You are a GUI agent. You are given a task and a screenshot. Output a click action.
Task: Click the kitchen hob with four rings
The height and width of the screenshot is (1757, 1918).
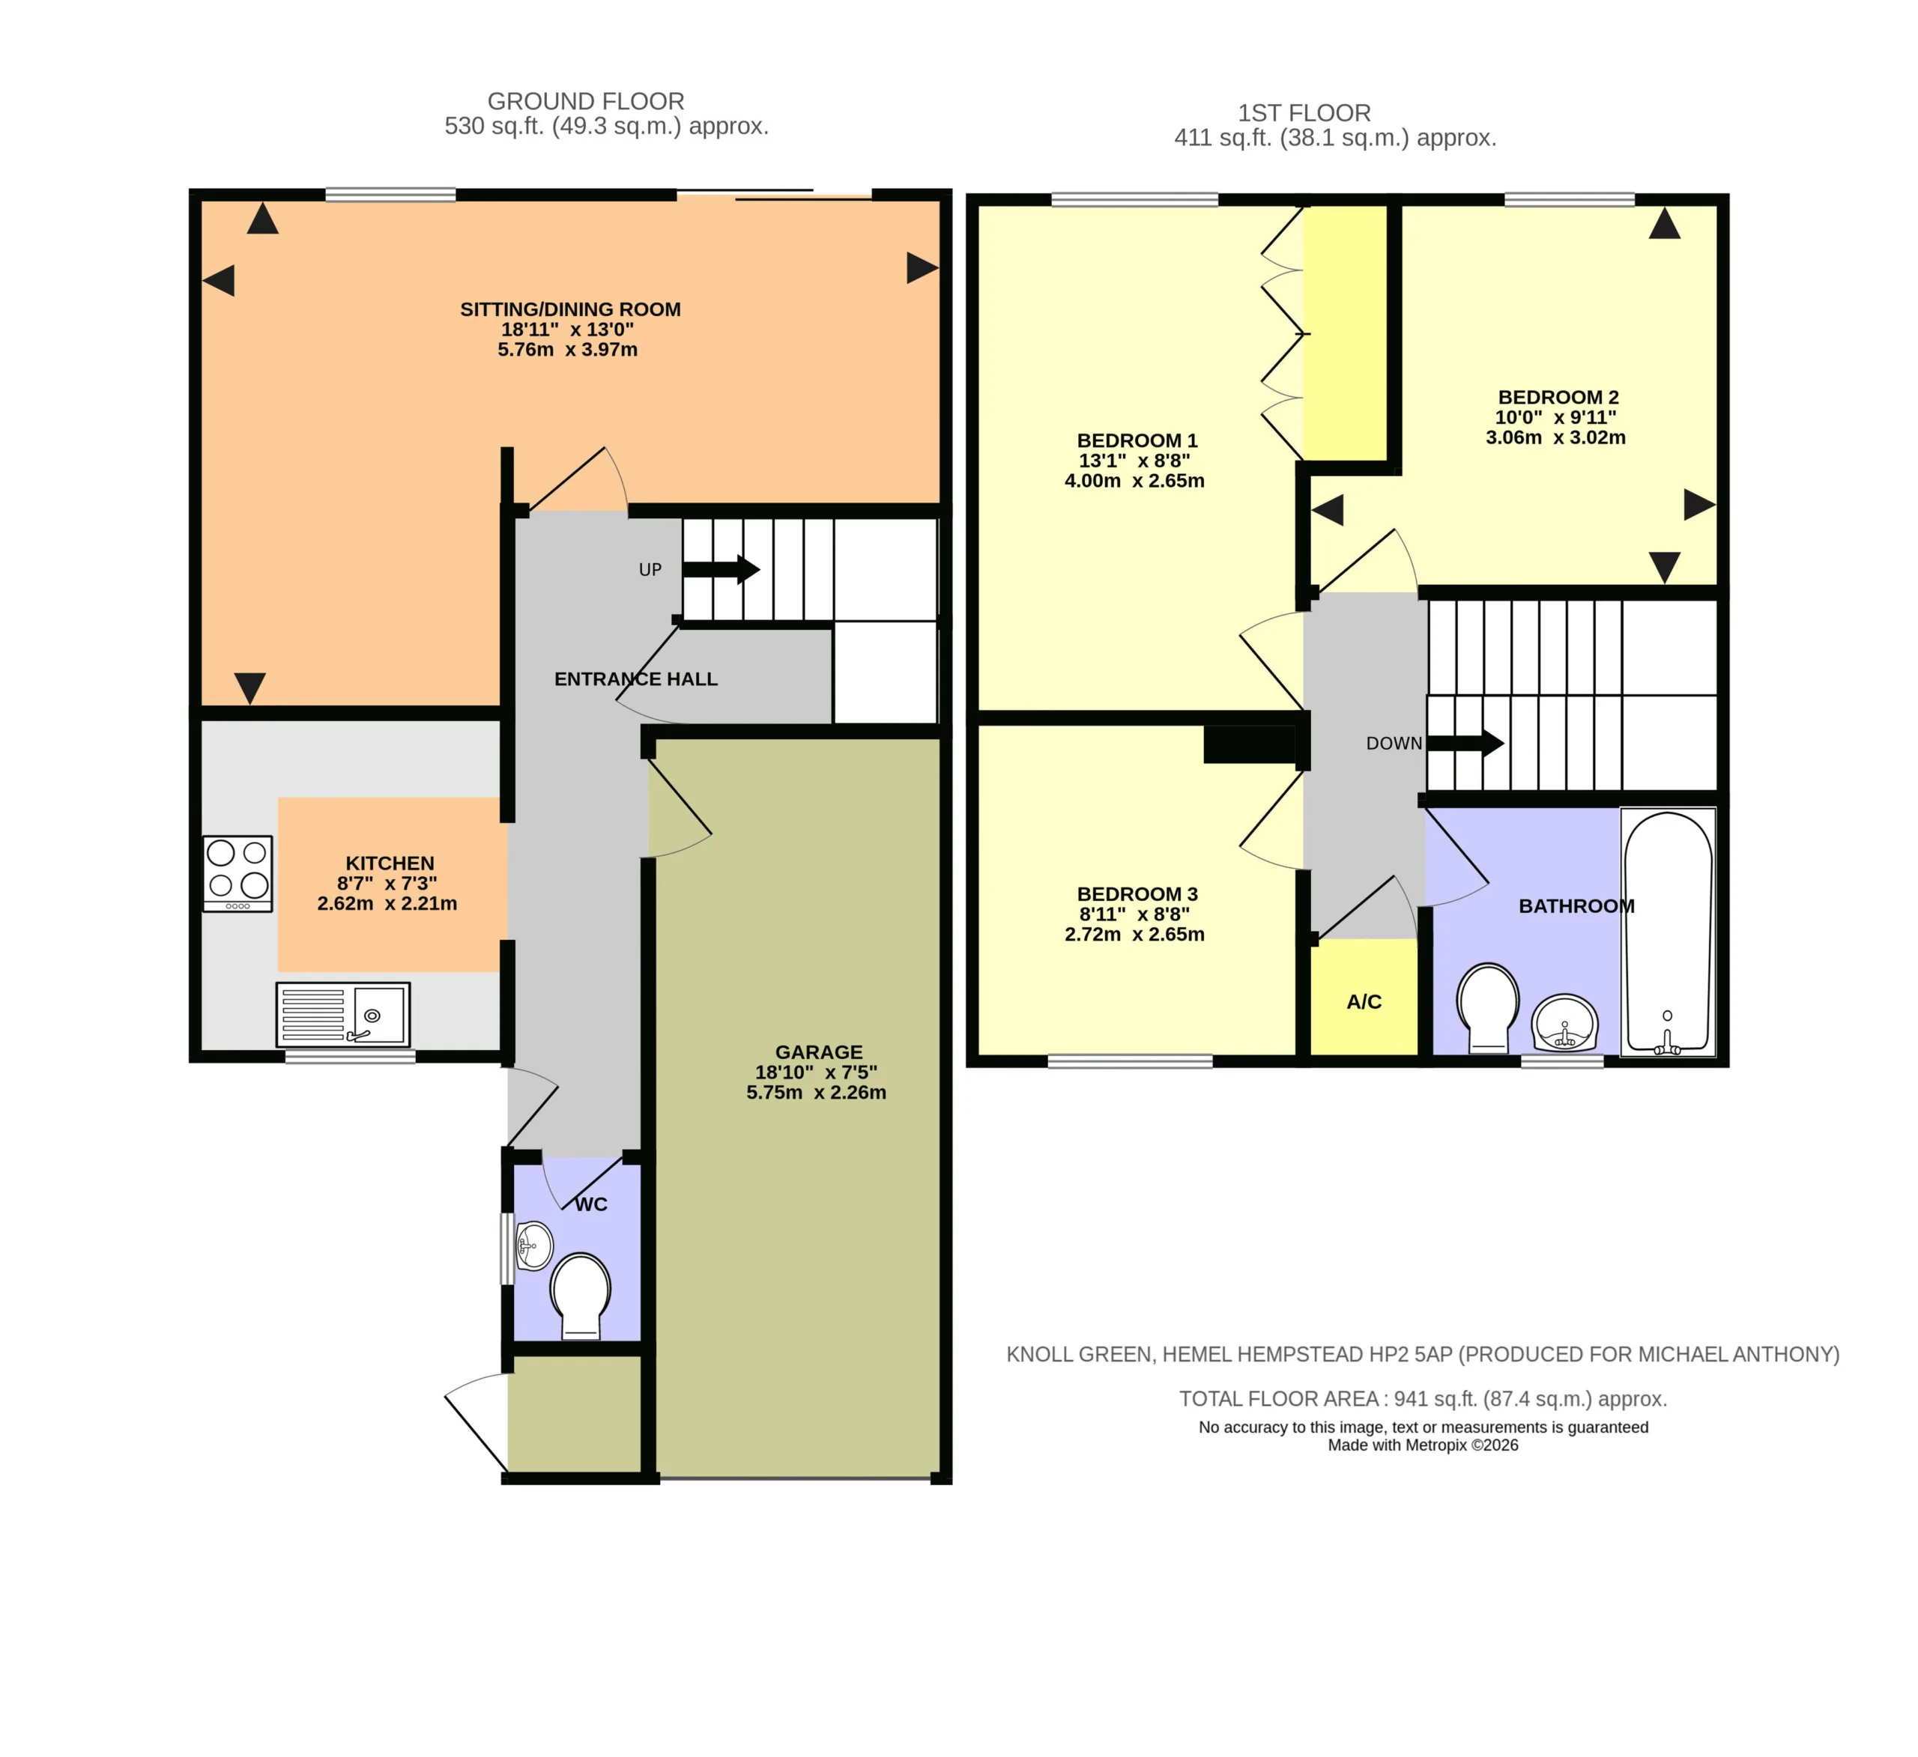pos(238,873)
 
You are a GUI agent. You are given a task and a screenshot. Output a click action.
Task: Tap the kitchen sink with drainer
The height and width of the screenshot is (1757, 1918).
pos(342,1014)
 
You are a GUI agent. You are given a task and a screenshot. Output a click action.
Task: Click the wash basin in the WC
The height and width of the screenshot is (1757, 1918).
pos(533,1245)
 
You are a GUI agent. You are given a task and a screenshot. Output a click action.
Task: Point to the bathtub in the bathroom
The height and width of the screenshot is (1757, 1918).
pos(1668,932)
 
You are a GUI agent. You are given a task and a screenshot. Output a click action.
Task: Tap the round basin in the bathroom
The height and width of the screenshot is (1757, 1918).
pos(1564,1022)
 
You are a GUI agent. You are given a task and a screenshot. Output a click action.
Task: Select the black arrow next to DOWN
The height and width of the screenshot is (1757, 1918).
pos(1465,743)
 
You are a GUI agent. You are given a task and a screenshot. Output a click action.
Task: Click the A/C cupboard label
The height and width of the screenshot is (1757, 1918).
pos(1364,1001)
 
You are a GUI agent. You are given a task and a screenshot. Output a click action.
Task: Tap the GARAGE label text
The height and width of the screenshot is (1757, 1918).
pos(818,1052)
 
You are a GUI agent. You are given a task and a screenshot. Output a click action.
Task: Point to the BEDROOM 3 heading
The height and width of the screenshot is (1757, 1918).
pos(1137,894)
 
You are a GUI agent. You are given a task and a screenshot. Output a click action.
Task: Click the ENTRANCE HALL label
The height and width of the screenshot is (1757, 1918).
pos(635,679)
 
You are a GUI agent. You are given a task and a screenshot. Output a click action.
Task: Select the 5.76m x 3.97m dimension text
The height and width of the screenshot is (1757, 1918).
pos(567,350)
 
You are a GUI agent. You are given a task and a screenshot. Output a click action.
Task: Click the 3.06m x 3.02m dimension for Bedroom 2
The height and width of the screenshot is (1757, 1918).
pos(1555,437)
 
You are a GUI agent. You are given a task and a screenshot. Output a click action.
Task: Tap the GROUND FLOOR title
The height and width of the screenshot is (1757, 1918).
pos(586,101)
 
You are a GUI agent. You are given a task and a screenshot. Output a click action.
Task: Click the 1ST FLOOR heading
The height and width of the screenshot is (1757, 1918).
pos(1304,113)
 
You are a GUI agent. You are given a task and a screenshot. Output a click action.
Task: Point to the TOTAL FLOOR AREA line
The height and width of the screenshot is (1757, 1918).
pos(1424,1399)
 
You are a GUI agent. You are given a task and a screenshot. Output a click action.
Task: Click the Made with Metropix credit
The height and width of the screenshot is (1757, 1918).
pos(1424,1445)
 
